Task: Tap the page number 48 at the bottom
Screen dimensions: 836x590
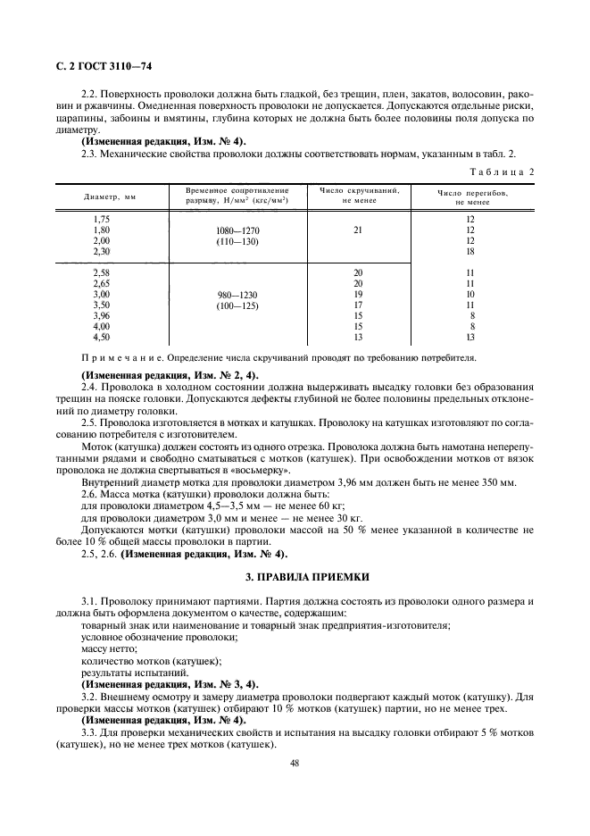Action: click(x=294, y=762)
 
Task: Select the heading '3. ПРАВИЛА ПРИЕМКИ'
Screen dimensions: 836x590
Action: click(x=295, y=577)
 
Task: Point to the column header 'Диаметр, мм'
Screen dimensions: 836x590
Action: click(x=111, y=196)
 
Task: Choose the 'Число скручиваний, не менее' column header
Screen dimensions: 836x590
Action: click(x=358, y=195)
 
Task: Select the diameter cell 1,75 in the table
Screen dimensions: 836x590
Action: click(x=102, y=219)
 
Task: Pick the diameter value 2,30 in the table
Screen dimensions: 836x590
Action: click(x=102, y=251)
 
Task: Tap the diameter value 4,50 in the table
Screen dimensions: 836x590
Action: click(x=102, y=337)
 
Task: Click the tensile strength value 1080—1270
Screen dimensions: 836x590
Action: click(x=237, y=230)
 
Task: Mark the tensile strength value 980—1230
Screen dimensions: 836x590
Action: click(x=237, y=295)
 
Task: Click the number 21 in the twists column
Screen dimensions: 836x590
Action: click(x=358, y=230)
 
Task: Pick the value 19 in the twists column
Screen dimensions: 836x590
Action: click(x=358, y=294)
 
